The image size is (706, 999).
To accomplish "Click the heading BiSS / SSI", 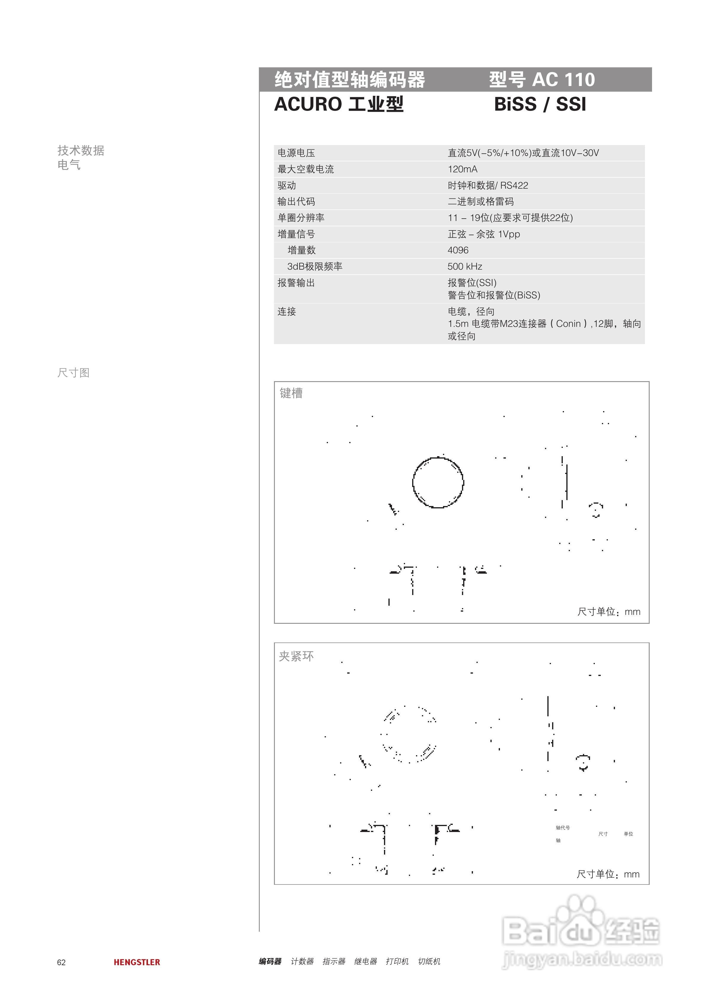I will (x=540, y=104).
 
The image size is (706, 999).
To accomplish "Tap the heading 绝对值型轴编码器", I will (x=350, y=79).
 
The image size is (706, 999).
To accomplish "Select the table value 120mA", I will (x=462, y=169).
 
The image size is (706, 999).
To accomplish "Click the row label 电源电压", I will (x=296, y=153).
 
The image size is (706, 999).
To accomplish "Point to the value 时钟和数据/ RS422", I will (x=488, y=185).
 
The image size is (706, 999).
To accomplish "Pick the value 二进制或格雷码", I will (x=481, y=201).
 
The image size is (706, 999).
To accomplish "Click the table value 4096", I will (x=458, y=250).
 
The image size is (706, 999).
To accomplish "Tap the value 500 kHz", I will (x=465, y=266).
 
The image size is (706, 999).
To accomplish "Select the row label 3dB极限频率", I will (x=315, y=266).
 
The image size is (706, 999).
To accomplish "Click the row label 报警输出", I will (x=296, y=283).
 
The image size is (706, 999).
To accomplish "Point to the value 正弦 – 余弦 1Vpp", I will (x=484, y=234).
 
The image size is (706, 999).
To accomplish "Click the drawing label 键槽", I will (x=291, y=393).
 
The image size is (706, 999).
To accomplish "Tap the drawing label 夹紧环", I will (x=296, y=656).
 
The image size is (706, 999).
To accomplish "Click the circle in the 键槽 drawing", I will (x=438, y=482).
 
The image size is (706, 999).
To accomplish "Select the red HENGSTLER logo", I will (x=137, y=962).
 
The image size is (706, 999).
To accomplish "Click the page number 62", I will (x=61, y=963).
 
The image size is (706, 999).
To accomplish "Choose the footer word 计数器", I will (x=302, y=961).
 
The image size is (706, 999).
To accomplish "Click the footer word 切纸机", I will (x=429, y=961).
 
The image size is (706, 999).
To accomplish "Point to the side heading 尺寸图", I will (x=73, y=373).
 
